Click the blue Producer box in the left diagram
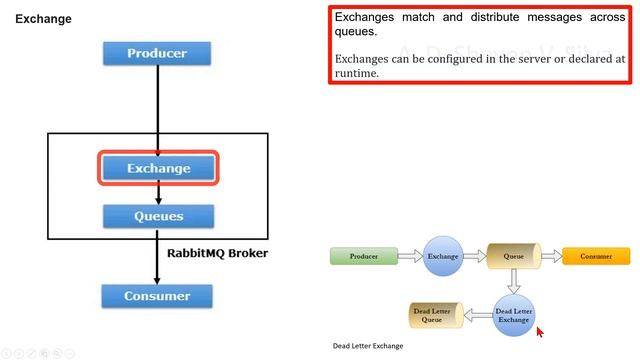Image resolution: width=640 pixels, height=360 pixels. click(x=157, y=53)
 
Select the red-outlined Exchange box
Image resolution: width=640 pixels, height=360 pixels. click(x=158, y=168)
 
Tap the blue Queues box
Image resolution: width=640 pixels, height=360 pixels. click(x=158, y=215)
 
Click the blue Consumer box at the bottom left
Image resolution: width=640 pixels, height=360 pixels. click(x=157, y=296)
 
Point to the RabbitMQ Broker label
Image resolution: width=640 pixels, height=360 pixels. click(x=217, y=253)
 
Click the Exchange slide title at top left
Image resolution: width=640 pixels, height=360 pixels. click(x=43, y=18)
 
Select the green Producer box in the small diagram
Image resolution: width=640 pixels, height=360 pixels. click(x=363, y=256)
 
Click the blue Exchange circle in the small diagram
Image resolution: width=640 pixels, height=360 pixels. click(x=443, y=256)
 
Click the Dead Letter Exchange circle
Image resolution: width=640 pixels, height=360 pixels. click(x=514, y=313)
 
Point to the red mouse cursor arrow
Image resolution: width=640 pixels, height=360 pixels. click(x=541, y=332)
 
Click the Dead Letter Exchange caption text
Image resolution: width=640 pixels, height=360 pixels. click(x=368, y=346)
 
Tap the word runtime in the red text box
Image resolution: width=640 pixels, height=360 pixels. click(x=357, y=73)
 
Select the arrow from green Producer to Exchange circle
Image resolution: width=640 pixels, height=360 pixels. click(x=410, y=256)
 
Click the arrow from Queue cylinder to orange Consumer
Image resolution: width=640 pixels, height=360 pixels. click(x=550, y=256)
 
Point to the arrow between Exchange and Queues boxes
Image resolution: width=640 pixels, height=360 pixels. click(x=158, y=193)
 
